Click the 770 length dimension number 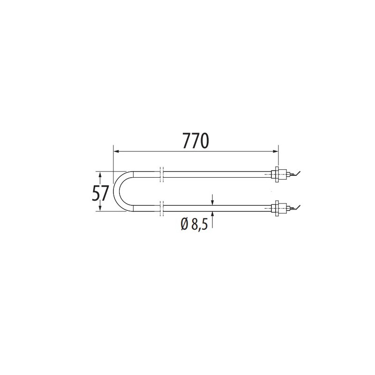point(195,141)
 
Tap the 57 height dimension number point(100,193)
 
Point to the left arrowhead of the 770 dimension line point(116,151)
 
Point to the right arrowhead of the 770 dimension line point(276,151)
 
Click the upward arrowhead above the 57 point(100,174)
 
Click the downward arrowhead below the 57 point(100,208)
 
